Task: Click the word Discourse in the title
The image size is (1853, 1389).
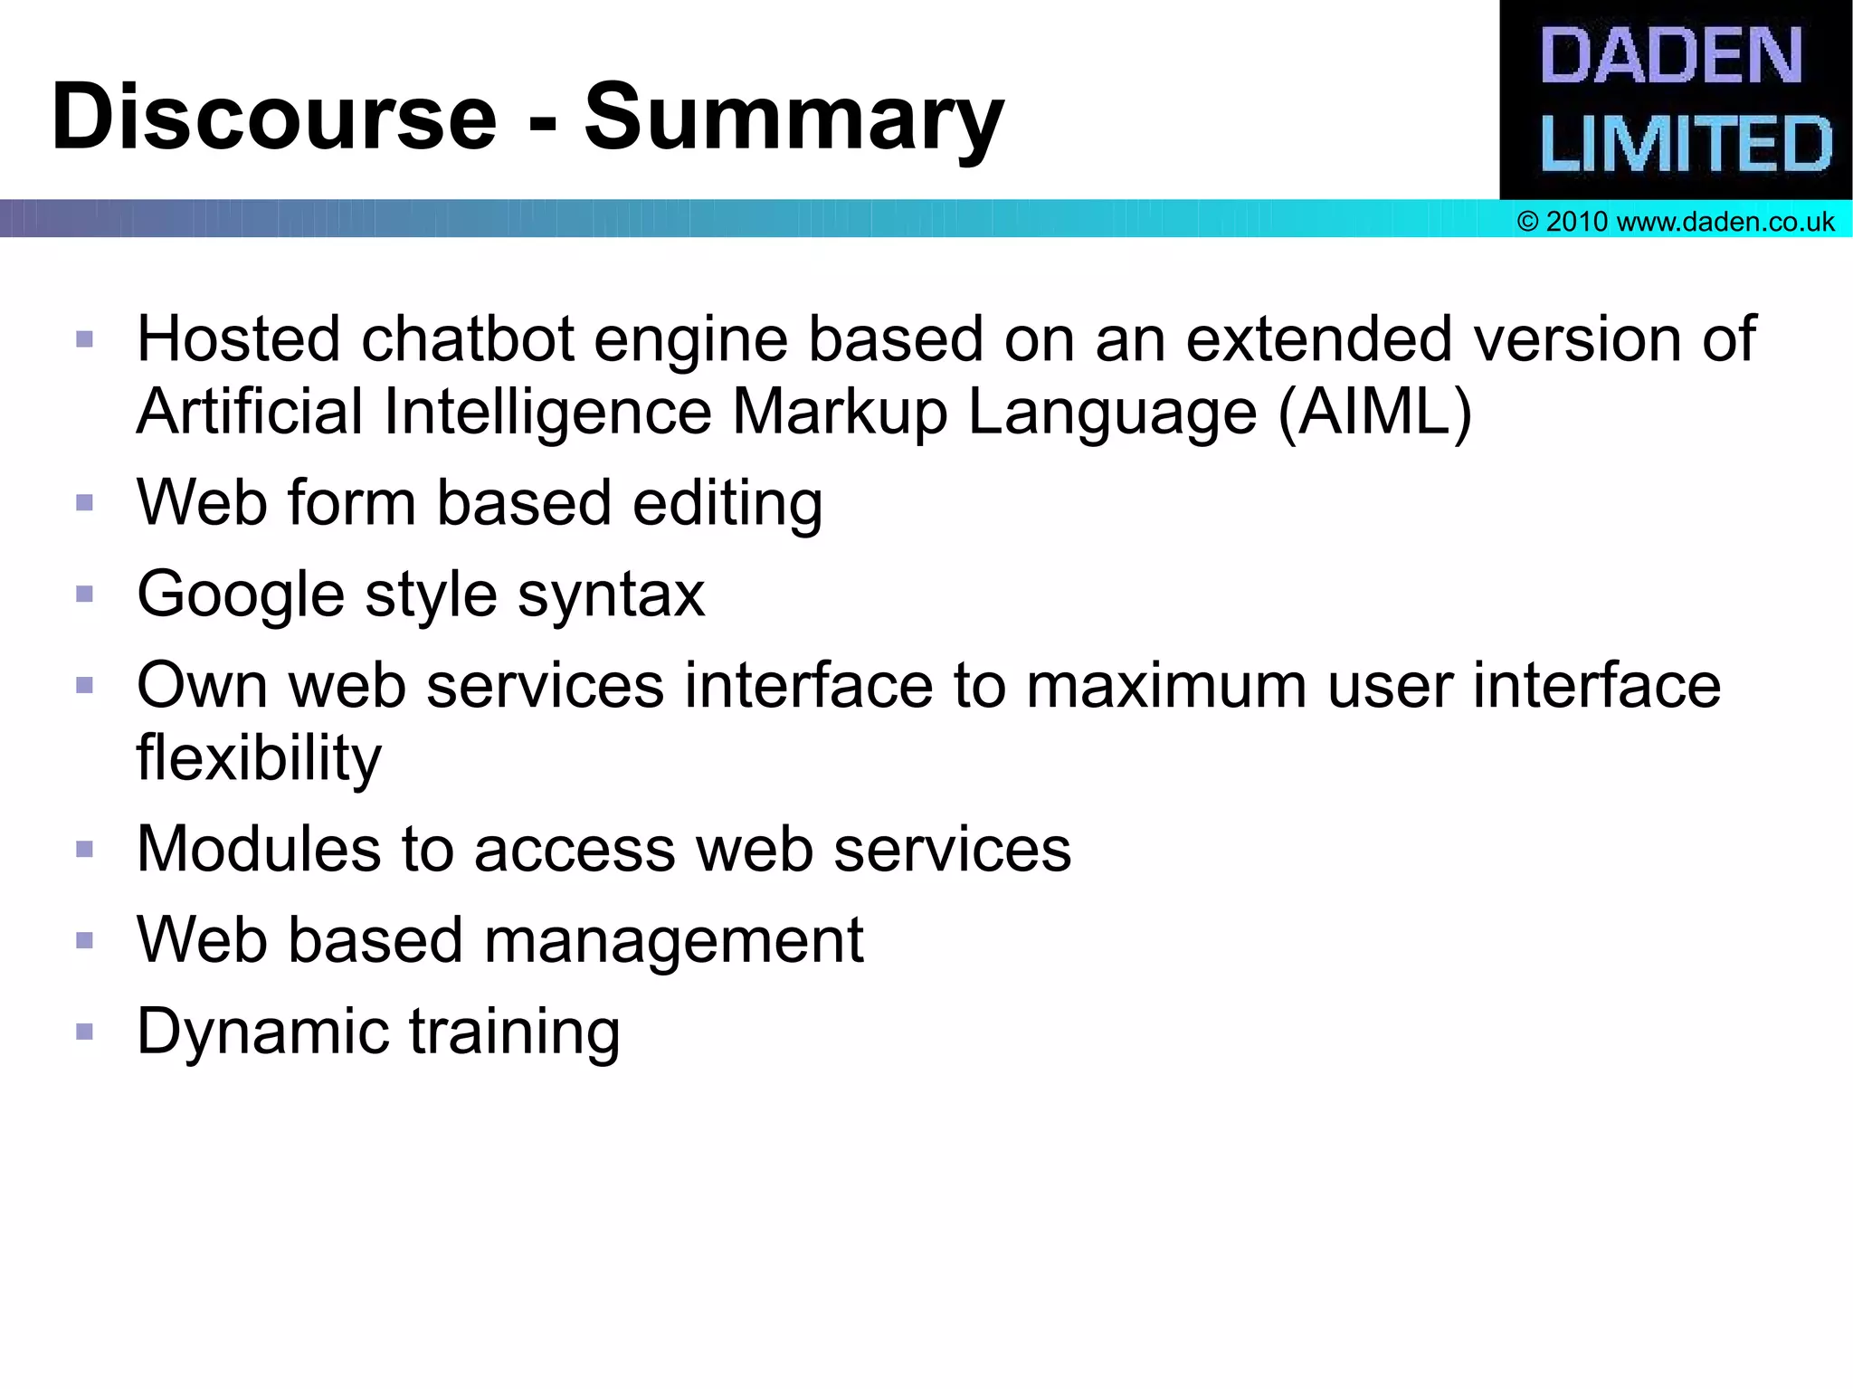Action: pyautogui.click(x=274, y=118)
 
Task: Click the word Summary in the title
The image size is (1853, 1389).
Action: pyautogui.click(x=793, y=118)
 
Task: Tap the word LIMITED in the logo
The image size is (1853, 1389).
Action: pyautogui.click(x=1686, y=144)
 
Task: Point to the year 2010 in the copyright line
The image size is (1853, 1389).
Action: pyautogui.click(x=1576, y=222)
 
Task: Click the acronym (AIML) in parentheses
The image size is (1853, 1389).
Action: pyautogui.click(x=1375, y=413)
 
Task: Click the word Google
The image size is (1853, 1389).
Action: pyautogui.click(x=241, y=595)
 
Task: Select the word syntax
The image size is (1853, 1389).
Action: pyautogui.click(x=611, y=595)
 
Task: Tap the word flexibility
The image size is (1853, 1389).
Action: pyautogui.click(x=259, y=758)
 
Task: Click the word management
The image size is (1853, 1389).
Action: pyautogui.click(x=674, y=941)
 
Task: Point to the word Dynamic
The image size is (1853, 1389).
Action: pyautogui.click(x=262, y=1032)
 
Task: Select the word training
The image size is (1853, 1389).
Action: pyautogui.click(x=514, y=1032)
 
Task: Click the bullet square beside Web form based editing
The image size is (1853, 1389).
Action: pyautogui.click(x=85, y=503)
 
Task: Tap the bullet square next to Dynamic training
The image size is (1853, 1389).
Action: pyautogui.click(x=85, y=1032)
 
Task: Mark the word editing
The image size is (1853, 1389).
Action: pyautogui.click(x=727, y=503)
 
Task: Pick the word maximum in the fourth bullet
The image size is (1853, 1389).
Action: pyautogui.click(x=1166, y=686)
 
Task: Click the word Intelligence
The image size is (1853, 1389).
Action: pyautogui.click(x=547, y=413)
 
